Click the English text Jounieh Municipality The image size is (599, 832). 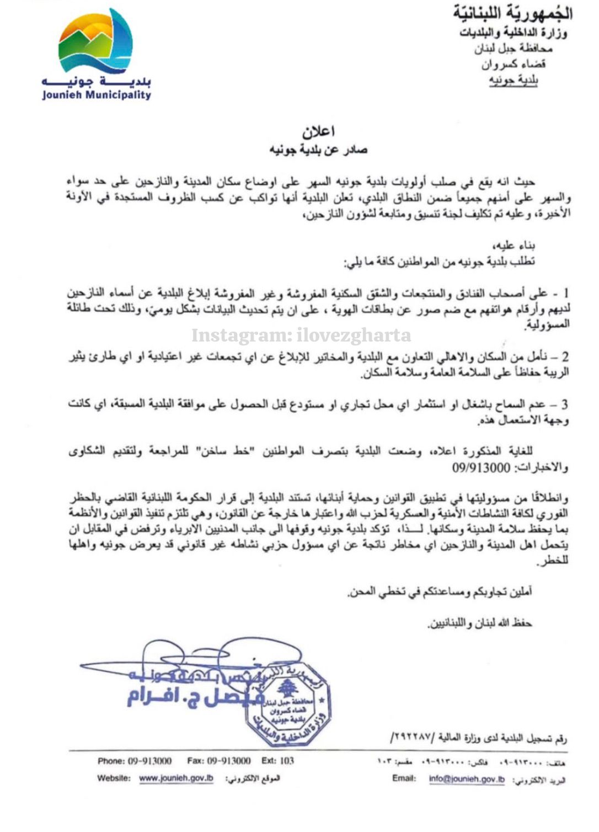point(97,95)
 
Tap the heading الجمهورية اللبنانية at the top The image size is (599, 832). point(512,13)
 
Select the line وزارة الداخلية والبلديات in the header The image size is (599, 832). point(514,33)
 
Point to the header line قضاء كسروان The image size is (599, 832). point(514,65)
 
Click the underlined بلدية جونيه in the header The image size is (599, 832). point(514,81)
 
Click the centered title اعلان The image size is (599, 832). point(318,132)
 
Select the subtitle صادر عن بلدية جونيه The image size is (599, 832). point(318,150)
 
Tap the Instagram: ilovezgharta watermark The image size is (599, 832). point(301,335)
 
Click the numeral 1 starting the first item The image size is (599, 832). point(565,293)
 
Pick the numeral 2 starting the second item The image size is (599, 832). point(565,357)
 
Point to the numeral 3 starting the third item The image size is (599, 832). point(565,405)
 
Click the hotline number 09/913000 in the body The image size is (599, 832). point(481,468)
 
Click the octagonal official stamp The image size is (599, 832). point(287,706)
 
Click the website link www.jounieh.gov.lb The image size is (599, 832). point(176,778)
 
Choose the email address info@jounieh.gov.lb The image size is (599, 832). point(467,779)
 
